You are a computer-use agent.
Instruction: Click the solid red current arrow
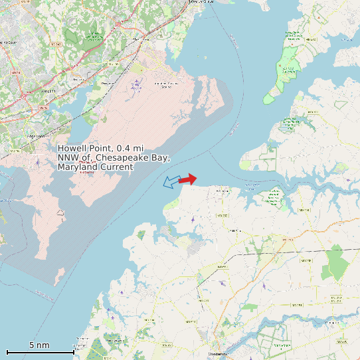[x=188, y=179]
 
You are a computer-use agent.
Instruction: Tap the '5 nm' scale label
[x=39, y=345]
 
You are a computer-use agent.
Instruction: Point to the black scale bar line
[x=40, y=352]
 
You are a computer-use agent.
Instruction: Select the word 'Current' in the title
[x=116, y=167]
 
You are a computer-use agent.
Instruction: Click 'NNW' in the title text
[x=69, y=157]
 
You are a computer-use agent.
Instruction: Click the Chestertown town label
[x=219, y=354]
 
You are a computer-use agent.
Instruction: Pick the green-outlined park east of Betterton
[x=272, y=195]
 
